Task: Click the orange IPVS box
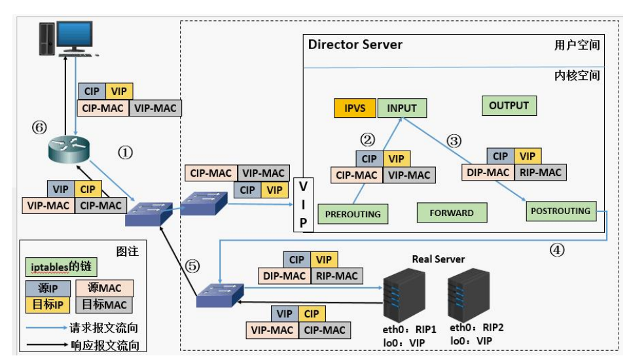point(355,108)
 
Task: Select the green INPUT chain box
point(402,108)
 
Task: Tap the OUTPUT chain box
point(509,105)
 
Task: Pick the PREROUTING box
point(353,214)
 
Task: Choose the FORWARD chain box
point(452,213)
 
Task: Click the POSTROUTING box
point(561,211)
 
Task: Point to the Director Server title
point(355,45)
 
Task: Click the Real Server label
point(439,259)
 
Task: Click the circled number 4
point(557,249)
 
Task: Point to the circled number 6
point(39,128)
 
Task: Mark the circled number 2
point(367,139)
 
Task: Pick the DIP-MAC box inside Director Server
point(488,172)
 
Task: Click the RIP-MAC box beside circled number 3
point(541,172)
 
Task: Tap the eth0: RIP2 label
point(476,327)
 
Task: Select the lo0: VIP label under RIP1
point(404,343)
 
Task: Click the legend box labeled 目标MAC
point(104,304)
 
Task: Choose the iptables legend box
point(61,267)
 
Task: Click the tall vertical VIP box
point(303,205)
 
